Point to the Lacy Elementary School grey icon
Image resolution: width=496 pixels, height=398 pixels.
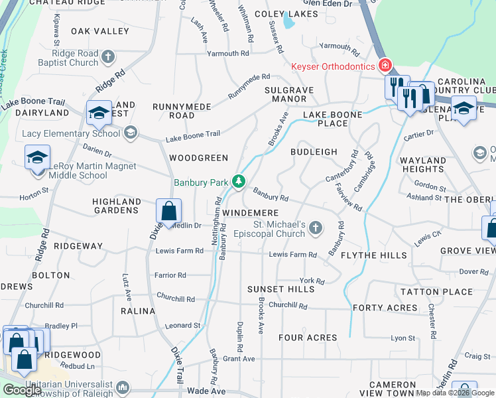[x=131, y=133]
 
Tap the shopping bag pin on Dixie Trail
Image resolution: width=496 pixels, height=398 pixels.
[x=169, y=212]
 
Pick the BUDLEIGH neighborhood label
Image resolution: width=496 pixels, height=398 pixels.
[x=314, y=152]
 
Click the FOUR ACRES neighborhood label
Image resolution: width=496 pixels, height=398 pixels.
[x=308, y=338]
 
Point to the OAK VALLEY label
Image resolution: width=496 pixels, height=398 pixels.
[x=100, y=31]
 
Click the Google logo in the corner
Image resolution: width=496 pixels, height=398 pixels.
[x=22, y=390]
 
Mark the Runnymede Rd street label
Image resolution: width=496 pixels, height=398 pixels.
[x=249, y=86]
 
